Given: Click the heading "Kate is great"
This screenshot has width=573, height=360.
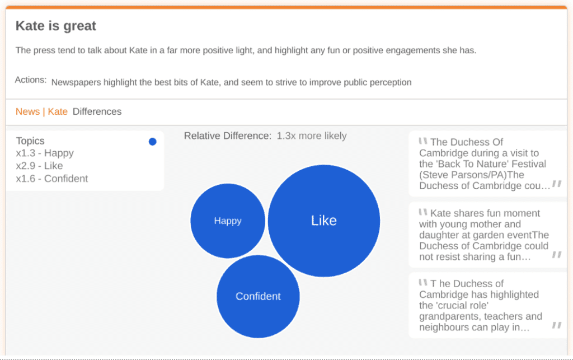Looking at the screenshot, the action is (56, 26).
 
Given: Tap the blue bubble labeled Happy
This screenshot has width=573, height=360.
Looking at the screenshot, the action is (228, 221).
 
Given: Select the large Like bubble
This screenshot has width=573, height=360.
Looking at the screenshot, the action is (324, 221).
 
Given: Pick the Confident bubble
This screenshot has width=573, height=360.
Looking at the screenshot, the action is (258, 296).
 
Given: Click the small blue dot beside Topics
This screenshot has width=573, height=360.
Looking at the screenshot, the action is (153, 142).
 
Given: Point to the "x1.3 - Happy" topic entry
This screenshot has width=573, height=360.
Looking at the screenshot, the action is (45, 153).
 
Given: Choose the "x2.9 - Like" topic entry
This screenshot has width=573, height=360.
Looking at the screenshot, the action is (40, 166).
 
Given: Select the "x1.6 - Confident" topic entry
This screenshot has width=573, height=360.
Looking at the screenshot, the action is (52, 179).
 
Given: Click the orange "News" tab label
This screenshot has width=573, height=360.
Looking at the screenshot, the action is (28, 111).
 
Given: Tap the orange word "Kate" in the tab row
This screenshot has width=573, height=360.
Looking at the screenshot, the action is (58, 111).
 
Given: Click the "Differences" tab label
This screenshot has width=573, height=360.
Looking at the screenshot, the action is (97, 111).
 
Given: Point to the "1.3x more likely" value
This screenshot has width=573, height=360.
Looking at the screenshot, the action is (312, 136).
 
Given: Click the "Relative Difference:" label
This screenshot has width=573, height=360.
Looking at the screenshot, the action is (228, 136).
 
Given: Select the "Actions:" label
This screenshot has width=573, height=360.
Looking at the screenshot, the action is (31, 80).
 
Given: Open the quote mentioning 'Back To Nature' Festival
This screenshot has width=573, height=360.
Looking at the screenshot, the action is (488, 163).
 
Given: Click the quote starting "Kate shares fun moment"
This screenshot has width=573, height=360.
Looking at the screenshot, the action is (488, 235).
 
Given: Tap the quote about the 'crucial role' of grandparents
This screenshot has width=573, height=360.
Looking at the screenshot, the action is (488, 305).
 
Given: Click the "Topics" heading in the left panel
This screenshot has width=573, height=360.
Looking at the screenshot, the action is (30, 141).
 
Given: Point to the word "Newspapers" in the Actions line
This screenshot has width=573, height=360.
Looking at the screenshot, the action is (76, 83).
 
